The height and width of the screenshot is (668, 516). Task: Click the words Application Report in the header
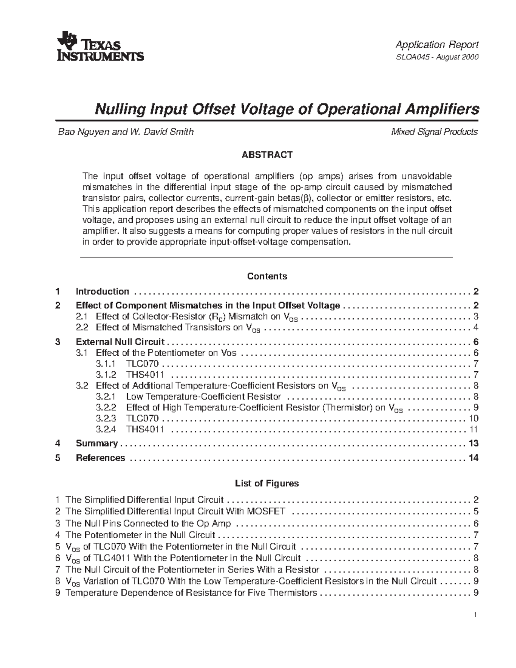437,45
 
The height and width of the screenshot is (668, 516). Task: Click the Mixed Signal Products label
434,132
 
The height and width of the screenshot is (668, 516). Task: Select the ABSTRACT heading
267,155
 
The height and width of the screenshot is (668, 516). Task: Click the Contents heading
267,276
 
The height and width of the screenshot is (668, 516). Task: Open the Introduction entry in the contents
102,292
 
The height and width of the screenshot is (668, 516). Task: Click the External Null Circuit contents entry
120,342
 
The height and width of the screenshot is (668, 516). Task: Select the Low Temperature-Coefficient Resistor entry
203,397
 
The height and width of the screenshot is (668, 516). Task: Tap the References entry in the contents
100,458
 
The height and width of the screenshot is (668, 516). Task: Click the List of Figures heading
267,483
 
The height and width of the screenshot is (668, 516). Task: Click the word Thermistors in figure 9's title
292,593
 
